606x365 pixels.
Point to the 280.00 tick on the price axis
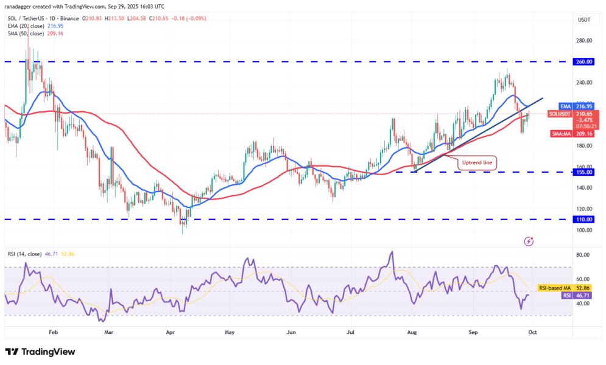click(x=585, y=41)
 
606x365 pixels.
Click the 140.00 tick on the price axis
click(x=585, y=187)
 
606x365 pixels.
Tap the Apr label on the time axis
click(x=170, y=333)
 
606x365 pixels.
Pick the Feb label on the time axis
click(x=52, y=333)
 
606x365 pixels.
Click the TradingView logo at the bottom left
click(x=40, y=352)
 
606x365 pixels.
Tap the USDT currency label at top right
click(x=584, y=19)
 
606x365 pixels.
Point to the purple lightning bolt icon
click(x=529, y=242)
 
